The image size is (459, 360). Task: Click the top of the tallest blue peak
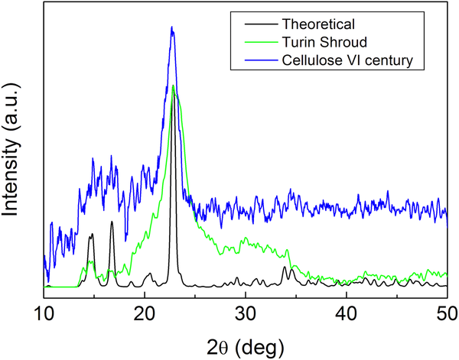pos(172,28)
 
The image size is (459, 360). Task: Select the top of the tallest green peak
pos(174,85)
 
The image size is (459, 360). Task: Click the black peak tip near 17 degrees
pos(112,222)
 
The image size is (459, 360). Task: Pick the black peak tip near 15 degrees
pos(91,234)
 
